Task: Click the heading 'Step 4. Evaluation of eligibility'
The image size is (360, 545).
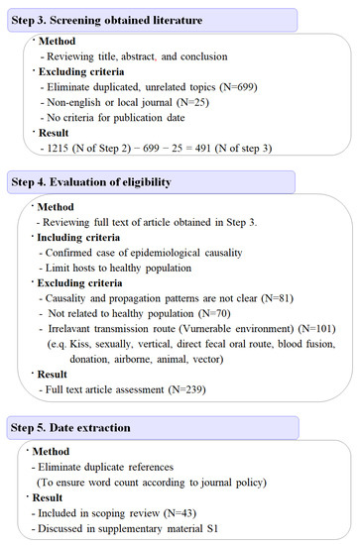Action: (98, 181)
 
